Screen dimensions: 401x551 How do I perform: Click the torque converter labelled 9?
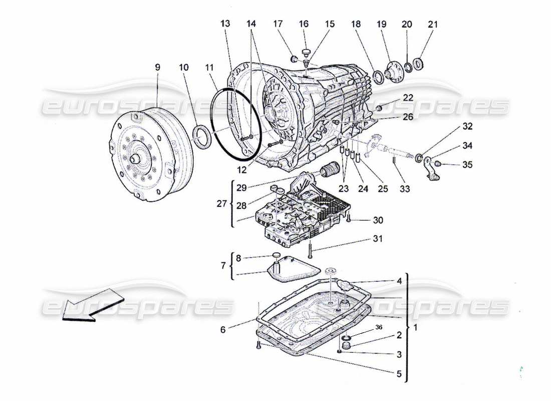tap(150, 155)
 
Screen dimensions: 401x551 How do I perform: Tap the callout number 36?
tap(379, 327)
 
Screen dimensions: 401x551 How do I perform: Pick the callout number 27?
tap(221, 205)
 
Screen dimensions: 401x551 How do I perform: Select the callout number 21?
tap(433, 25)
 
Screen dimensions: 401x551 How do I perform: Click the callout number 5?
tap(399, 374)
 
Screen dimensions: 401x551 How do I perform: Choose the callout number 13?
tap(225, 24)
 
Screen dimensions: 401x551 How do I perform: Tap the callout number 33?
tap(405, 189)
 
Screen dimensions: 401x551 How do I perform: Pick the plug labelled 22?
tap(379, 108)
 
